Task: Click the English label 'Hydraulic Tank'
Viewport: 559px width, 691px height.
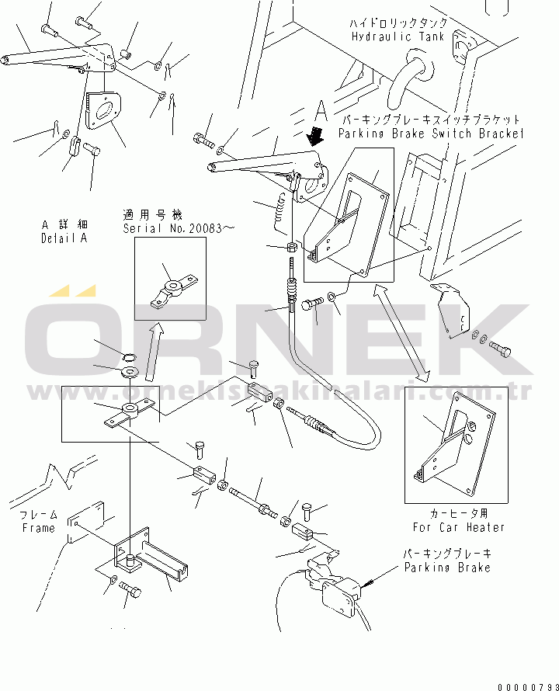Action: point(398,36)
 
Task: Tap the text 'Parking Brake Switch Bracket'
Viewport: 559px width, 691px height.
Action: point(430,134)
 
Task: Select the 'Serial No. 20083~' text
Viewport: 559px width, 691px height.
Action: point(178,228)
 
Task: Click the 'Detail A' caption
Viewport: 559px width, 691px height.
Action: point(64,238)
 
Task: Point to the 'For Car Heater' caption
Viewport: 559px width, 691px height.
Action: point(458,527)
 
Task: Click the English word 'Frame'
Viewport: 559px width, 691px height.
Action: point(38,528)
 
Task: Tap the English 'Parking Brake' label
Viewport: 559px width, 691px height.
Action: point(446,568)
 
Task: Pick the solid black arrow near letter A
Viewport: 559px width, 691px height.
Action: point(315,137)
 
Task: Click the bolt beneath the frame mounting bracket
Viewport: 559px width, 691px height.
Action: point(130,592)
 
